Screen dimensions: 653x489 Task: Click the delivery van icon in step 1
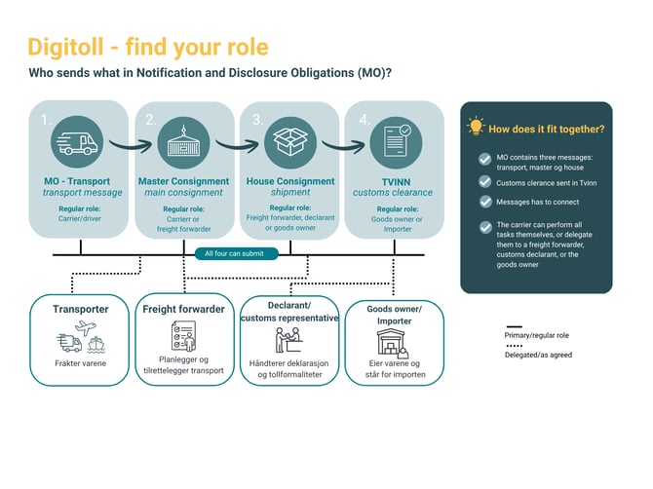tap(77, 143)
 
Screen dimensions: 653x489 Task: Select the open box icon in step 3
tap(290, 141)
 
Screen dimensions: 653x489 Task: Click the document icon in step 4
tap(397, 140)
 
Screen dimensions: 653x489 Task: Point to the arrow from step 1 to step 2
tap(131, 145)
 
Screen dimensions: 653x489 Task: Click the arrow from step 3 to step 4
tap(344, 146)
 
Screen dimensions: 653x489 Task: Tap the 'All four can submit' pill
tap(236, 253)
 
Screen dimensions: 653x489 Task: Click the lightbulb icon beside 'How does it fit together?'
tap(476, 126)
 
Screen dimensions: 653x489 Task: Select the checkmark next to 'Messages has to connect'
tap(485, 202)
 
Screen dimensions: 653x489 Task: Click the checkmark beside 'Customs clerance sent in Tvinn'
tap(485, 182)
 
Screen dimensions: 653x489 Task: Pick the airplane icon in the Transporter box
tap(86, 327)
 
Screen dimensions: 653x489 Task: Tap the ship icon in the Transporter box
tap(96, 344)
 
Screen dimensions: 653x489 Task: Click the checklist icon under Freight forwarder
tap(183, 335)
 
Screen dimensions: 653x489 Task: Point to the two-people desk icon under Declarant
tap(288, 340)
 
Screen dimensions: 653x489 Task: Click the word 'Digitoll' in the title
tap(65, 47)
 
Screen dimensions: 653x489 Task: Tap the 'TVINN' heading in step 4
tap(396, 182)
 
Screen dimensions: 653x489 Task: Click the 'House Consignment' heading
tap(290, 181)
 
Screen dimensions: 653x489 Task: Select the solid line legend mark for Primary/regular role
tap(515, 326)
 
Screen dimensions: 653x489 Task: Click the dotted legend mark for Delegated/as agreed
tap(515, 346)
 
